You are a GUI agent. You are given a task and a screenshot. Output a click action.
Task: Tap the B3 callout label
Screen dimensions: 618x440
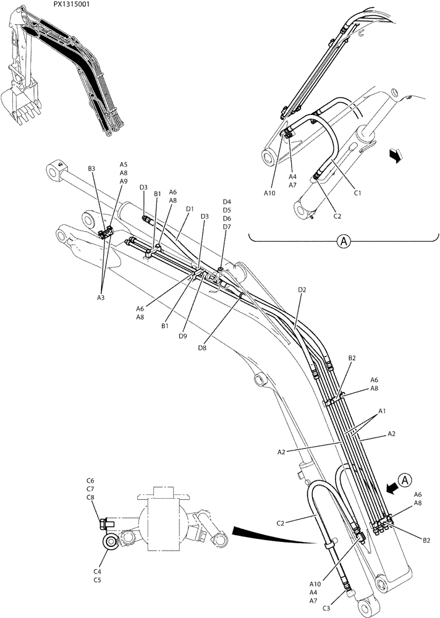click(x=91, y=169)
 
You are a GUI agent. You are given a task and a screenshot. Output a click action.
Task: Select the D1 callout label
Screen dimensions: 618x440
click(x=190, y=209)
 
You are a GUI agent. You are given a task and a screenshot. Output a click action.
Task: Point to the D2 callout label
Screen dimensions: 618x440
click(x=302, y=289)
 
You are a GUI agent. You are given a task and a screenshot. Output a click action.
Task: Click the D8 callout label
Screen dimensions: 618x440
click(x=203, y=348)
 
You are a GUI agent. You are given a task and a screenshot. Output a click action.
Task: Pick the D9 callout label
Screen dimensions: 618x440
click(x=183, y=336)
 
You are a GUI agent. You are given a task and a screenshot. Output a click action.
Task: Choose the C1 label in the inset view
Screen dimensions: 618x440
click(x=357, y=192)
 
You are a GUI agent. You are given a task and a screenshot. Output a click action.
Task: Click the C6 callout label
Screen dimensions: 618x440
click(x=90, y=480)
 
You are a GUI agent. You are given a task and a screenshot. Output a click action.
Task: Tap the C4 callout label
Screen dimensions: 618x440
click(x=98, y=572)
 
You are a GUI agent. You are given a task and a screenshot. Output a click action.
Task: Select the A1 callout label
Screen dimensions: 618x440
click(x=382, y=410)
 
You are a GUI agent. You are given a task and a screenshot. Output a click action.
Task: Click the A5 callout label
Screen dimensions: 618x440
click(x=124, y=165)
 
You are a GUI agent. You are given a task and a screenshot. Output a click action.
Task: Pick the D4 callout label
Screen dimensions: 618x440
click(x=226, y=202)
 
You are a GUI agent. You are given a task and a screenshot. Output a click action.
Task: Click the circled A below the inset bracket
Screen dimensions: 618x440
click(x=344, y=242)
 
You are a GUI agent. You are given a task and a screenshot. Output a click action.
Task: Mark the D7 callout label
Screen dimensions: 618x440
click(x=226, y=227)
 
